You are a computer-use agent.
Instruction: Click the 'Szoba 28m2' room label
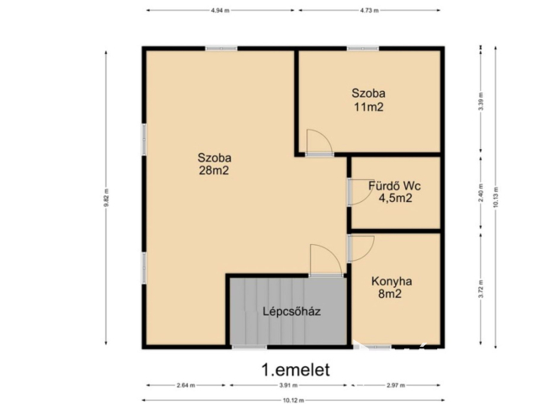215,163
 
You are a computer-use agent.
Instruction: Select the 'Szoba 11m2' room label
369,100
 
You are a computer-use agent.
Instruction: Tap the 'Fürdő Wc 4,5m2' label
395,192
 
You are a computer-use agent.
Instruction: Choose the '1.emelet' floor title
295,369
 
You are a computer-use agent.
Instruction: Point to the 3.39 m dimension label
481,103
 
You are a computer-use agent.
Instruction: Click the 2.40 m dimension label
481,192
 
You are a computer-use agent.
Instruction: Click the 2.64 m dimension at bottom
186,386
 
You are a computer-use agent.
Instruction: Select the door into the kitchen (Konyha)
360,247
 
